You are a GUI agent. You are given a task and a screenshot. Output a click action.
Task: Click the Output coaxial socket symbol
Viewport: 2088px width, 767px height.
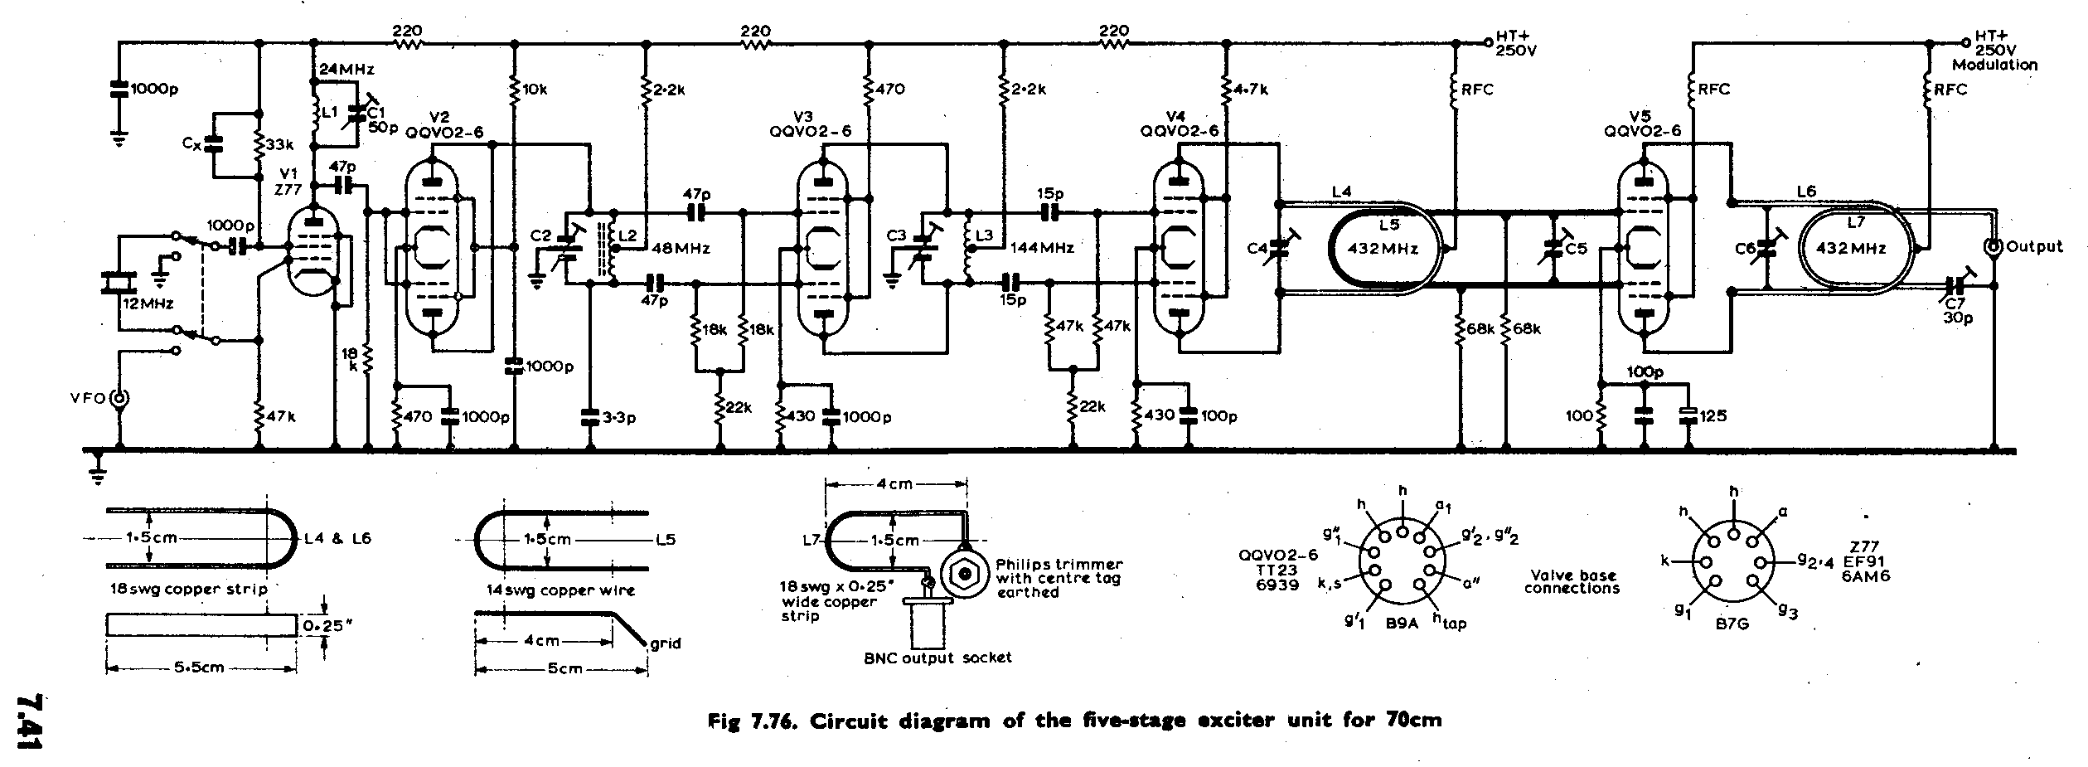click(x=1990, y=246)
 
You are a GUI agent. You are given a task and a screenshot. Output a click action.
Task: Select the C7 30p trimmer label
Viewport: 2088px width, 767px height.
click(x=1957, y=310)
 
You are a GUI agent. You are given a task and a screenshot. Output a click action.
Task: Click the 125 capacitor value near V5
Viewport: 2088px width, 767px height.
click(x=1713, y=416)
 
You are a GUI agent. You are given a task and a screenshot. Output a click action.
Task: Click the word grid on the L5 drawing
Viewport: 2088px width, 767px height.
click(x=665, y=643)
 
